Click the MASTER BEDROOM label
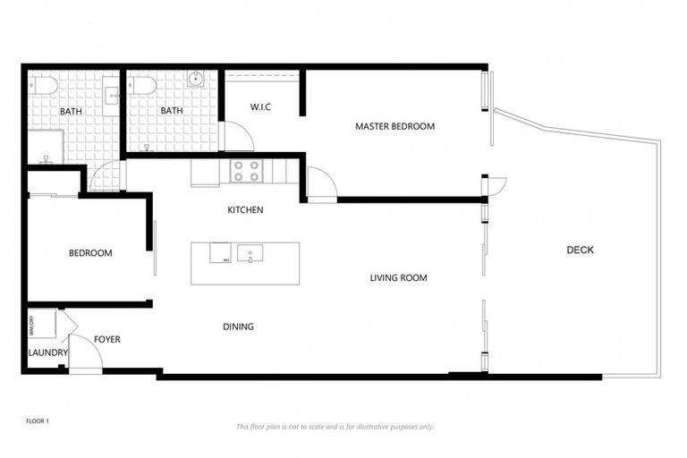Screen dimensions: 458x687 coord(394,126)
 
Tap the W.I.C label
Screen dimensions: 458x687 coord(260,108)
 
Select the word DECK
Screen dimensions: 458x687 coord(580,250)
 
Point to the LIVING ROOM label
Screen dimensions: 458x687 coord(398,278)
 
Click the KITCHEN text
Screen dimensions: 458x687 coord(244,210)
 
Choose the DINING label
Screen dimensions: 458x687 coord(238,327)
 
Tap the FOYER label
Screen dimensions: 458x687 coord(107,340)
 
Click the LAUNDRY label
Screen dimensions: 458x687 coord(47,352)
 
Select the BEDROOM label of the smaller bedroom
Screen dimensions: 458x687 coord(90,253)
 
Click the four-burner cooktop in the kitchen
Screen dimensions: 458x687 coord(245,170)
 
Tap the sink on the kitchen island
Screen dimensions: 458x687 coord(251,253)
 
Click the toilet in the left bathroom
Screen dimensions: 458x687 coord(43,85)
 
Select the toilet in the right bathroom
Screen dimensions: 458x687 coord(142,85)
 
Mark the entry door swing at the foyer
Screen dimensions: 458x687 coord(85,354)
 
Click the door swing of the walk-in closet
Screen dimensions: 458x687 coord(236,137)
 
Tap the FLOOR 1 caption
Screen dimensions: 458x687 coord(37,420)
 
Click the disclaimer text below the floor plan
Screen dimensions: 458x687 coord(335,427)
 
